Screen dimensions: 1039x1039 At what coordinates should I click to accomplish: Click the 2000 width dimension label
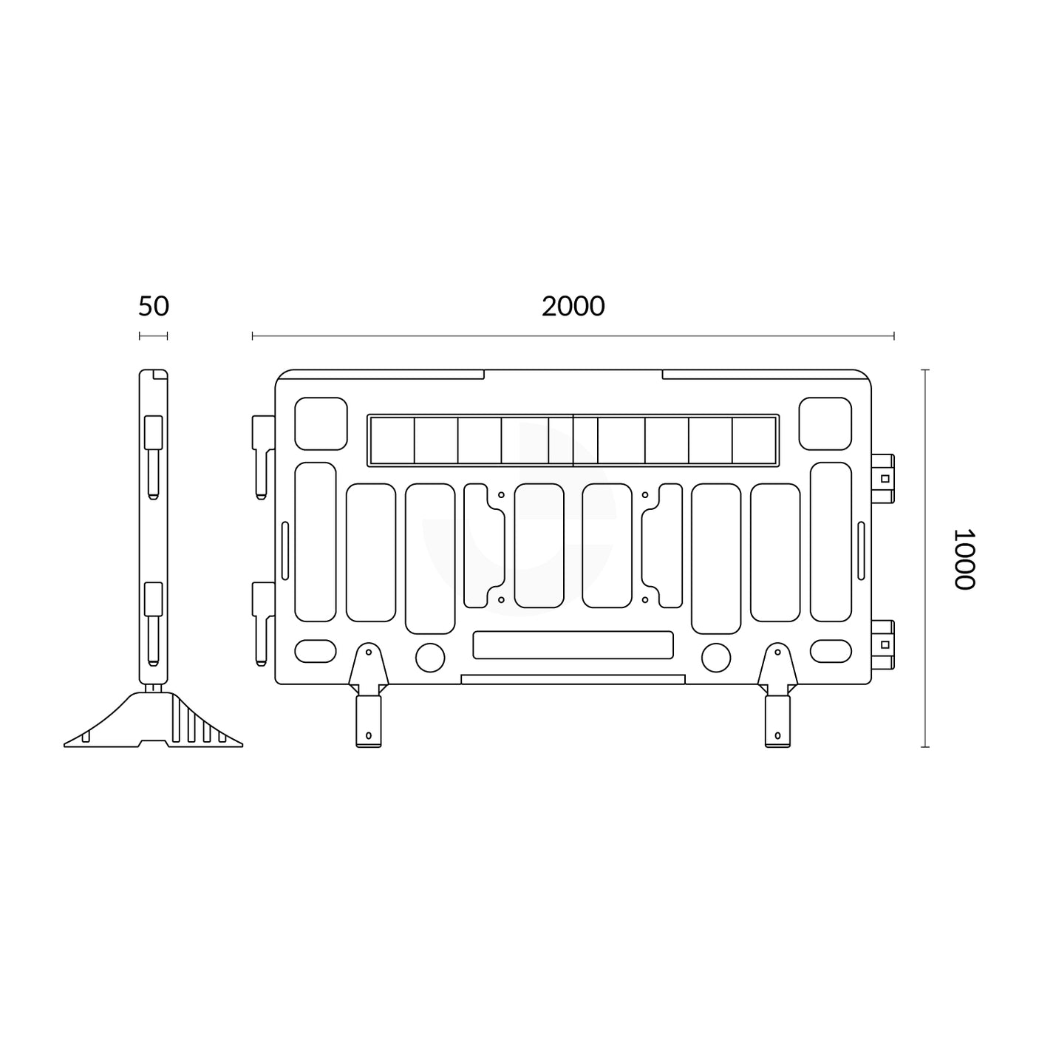573,306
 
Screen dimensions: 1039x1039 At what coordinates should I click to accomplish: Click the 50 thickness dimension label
154,306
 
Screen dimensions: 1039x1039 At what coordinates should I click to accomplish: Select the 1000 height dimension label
964,558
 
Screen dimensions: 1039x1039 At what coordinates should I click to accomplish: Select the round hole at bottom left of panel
430,657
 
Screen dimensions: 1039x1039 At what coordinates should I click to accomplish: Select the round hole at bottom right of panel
715,657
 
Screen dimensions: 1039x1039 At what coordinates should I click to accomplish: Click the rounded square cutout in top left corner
321,423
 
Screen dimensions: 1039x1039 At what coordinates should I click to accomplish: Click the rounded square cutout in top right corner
825,423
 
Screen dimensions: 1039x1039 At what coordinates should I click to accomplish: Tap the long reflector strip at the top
573,440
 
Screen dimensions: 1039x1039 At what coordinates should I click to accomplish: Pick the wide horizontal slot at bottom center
573,644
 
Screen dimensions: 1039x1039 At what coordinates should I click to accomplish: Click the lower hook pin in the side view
152,621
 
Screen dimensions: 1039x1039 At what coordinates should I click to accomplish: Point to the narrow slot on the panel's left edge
284,551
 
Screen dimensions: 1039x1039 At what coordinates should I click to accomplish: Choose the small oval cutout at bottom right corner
831,651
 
